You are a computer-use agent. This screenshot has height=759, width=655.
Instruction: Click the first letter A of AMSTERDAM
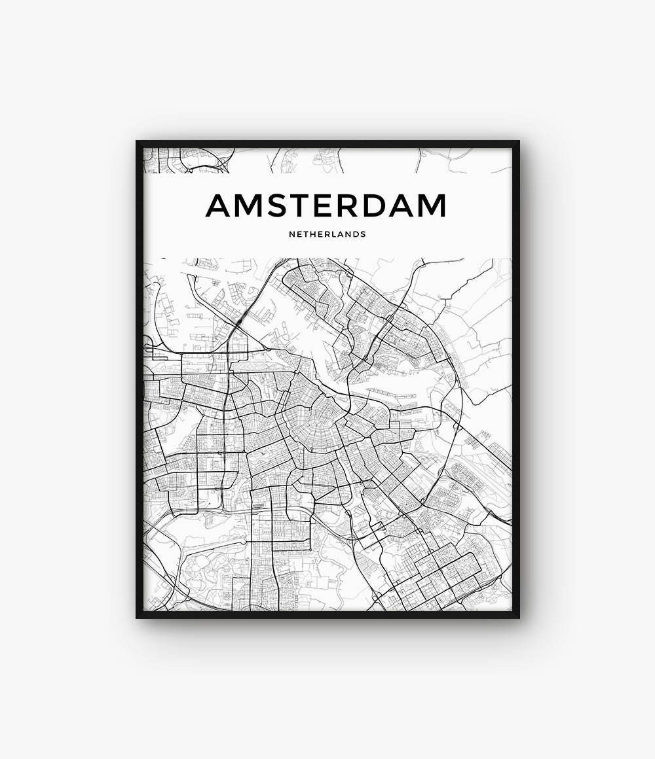pyautogui.click(x=220, y=205)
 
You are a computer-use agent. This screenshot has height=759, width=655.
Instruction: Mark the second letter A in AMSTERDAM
pyautogui.click(x=409, y=205)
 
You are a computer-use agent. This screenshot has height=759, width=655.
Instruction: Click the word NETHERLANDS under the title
pyautogui.click(x=327, y=234)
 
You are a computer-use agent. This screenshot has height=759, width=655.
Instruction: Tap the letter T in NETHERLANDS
pyautogui.click(x=307, y=234)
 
